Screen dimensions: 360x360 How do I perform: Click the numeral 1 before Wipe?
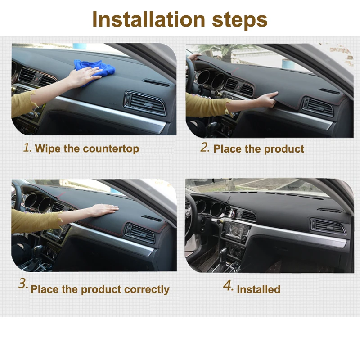27,148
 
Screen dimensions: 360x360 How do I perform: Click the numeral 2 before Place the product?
205,148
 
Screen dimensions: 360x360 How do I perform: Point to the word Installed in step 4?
258,289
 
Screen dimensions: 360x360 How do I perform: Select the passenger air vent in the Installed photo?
328,226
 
